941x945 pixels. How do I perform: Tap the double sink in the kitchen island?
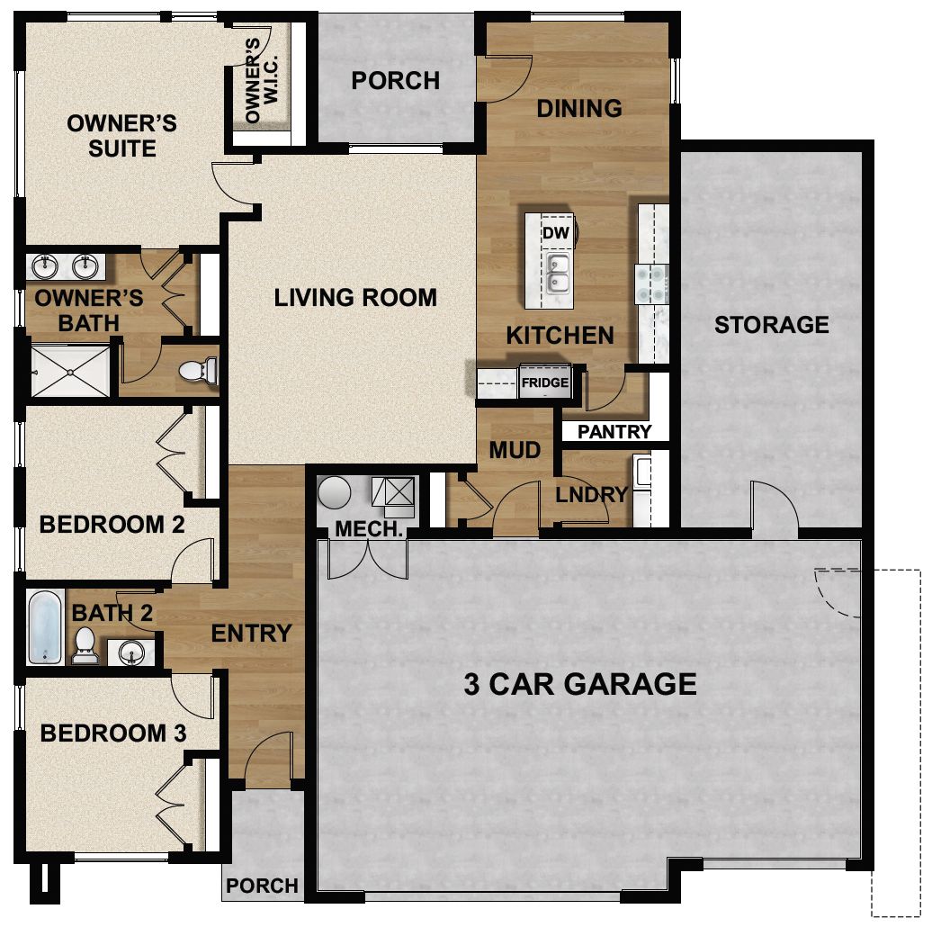click(x=557, y=274)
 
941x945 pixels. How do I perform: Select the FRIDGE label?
click(x=545, y=382)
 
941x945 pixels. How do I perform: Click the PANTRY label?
click(x=614, y=432)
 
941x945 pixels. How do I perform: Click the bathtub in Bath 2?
click(x=45, y=626)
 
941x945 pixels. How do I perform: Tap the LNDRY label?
click(x=591, y=494)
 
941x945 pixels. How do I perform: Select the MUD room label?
click(x=515, y=449)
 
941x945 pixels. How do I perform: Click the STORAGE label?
click(x=771, y=325)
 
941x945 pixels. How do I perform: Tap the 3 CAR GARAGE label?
click(x=580, y=684)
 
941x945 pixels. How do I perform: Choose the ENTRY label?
click(x=251, y=634)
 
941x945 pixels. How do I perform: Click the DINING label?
click(x=579, y=109)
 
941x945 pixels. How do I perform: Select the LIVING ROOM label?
click(x=355, y=297)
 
